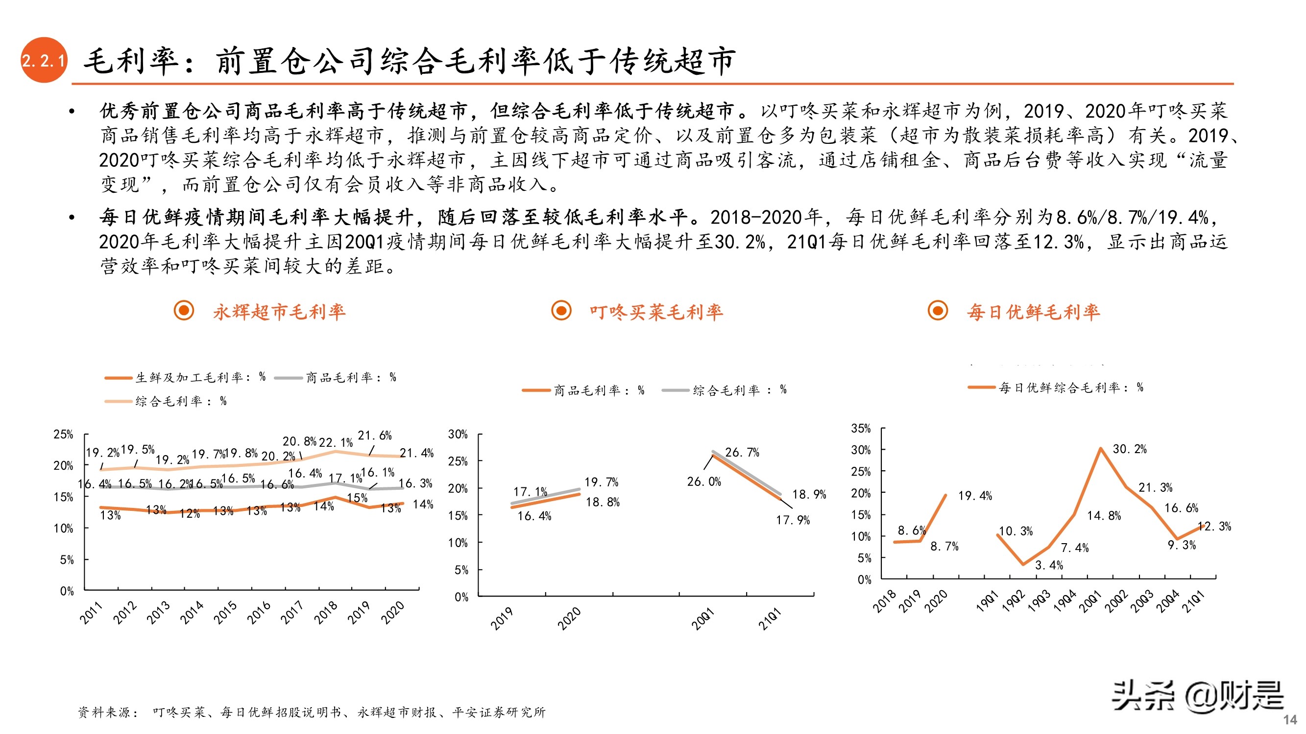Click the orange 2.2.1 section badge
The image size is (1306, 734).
(44, 60)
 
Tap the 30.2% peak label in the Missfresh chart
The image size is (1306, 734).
(1129, 449)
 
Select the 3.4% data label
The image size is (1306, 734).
(1048, 565)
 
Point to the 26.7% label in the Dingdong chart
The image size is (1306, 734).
(742, 452)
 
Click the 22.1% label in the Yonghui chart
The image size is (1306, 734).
(335, 443)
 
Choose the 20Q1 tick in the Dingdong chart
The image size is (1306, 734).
(702, 619)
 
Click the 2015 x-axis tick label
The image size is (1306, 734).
(225, 612)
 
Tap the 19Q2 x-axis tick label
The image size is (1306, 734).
(1013, 601)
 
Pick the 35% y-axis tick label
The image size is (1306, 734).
(860, 429)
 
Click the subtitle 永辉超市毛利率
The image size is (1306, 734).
(279, 312)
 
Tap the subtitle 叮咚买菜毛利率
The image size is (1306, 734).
(655, 312)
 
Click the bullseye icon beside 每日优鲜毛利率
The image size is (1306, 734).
(938, 311)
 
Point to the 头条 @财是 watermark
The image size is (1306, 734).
(1198, 696)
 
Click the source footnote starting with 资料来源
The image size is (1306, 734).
(311, 712)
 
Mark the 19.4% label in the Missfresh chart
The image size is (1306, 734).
(974, 496)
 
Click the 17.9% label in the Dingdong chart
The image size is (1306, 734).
(793, 520)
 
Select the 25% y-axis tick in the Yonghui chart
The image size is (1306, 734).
(63, 435)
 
